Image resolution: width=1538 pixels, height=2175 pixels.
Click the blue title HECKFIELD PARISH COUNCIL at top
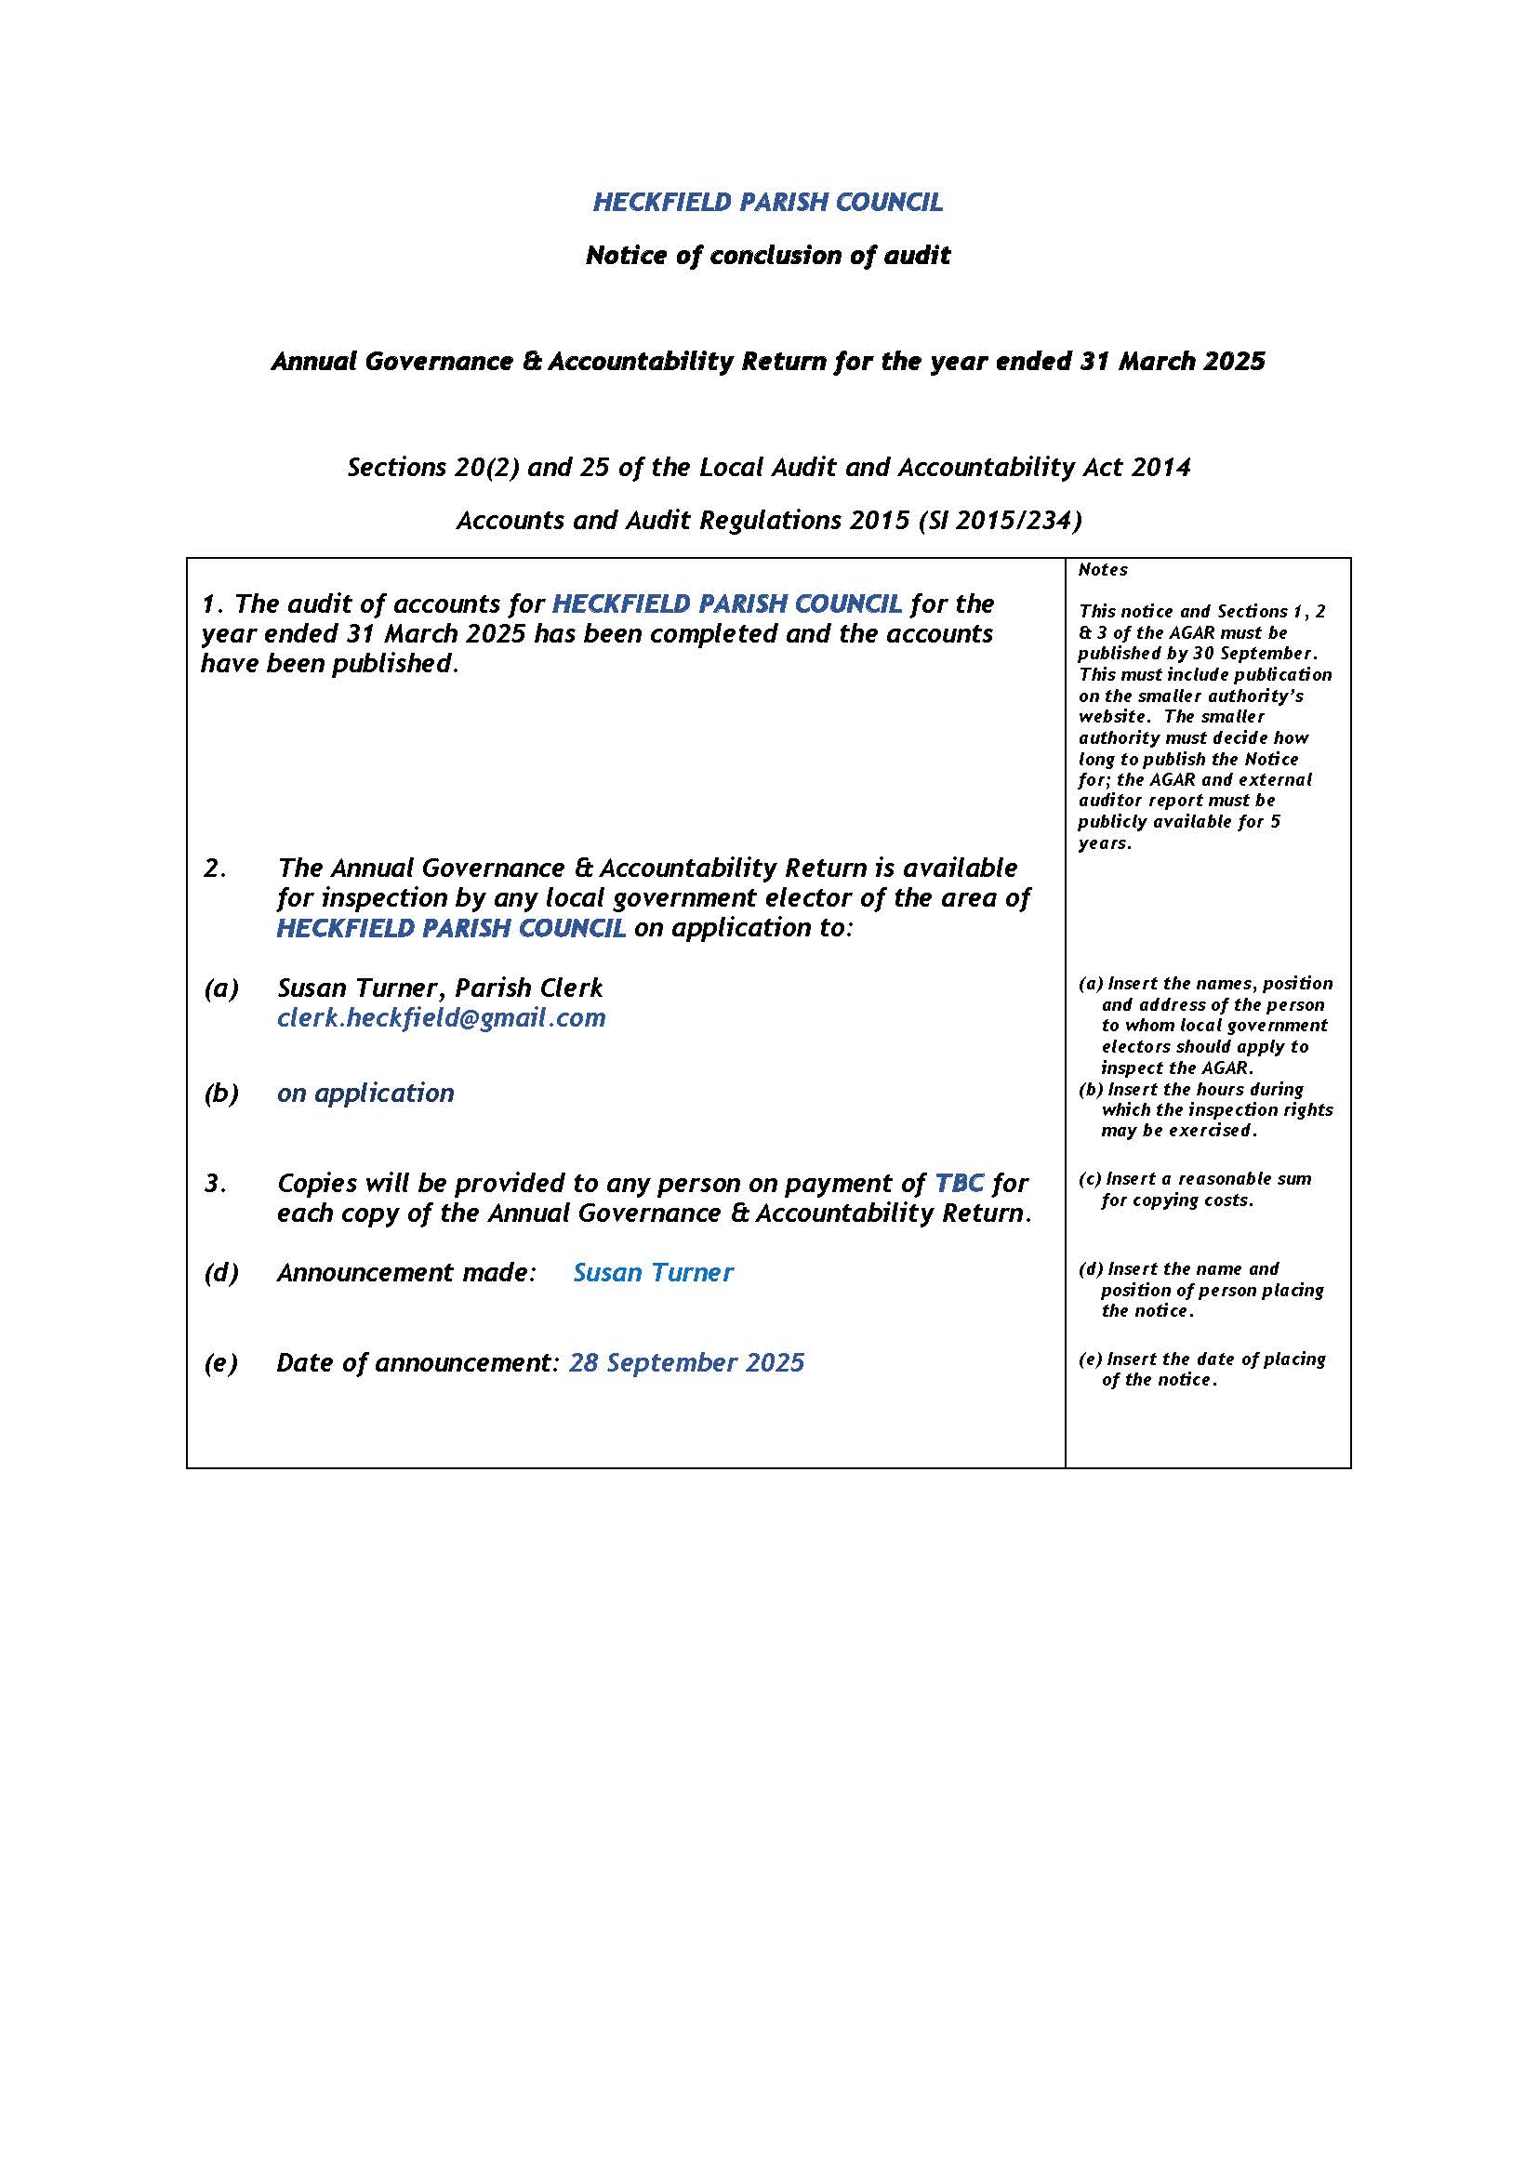[767, 202]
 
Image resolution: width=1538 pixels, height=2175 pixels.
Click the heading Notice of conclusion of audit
[767, 255]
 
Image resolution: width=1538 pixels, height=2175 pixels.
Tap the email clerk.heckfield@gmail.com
[441, 1017]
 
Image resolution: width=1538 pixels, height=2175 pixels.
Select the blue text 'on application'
[365, 1093]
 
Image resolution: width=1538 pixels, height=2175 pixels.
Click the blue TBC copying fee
[959, 1183]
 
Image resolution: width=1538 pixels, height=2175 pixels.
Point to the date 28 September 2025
[685, 1362]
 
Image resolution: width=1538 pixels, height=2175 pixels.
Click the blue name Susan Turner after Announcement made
[653, 1272]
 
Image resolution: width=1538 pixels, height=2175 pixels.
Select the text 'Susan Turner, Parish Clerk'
[440, 988]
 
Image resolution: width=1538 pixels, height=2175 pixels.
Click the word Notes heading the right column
[1103, 569]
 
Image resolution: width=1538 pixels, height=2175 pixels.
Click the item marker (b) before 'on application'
[220, 1094]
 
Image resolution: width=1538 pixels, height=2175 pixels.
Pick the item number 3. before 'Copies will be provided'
[215, 1183]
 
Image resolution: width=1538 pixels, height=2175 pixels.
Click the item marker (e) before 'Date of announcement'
[220, 1363]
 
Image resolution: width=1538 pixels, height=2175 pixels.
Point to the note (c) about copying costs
[1195, 1189]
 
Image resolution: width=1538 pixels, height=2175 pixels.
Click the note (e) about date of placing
[1201, 1369]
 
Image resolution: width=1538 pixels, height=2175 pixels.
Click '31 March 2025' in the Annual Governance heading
[1172, 361]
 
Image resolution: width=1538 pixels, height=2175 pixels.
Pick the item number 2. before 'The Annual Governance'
[215, 868]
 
